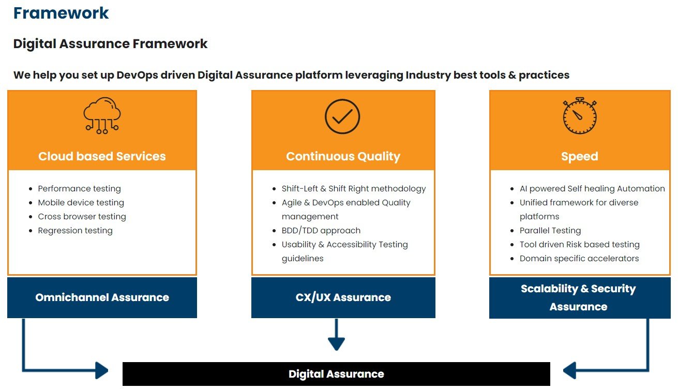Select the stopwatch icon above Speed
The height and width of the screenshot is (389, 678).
point(580,115)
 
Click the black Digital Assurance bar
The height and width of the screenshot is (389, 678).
point(336,374)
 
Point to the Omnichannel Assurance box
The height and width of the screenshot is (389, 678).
point(102,297)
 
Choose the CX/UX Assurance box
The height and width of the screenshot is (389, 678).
point(343,297)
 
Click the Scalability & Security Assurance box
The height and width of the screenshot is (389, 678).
point(580,298)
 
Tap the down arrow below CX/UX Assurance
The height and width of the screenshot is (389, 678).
point(336,335)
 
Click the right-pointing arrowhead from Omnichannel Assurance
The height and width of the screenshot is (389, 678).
point(102,370)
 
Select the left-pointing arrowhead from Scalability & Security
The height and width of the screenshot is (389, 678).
point(569,370)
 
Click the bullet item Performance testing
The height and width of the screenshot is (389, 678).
point(79,189)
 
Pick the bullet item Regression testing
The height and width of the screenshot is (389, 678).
point(75,230)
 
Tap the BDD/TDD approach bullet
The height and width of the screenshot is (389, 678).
point(321,230)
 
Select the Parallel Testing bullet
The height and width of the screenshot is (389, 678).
point(550,230)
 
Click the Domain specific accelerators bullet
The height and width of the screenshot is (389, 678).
point(579,258)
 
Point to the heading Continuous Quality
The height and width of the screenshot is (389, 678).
point(343,156)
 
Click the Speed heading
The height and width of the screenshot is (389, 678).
point(580,157)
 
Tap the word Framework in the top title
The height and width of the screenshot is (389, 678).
point(61,13)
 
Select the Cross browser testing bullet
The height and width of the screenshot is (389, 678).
point(82,216)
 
